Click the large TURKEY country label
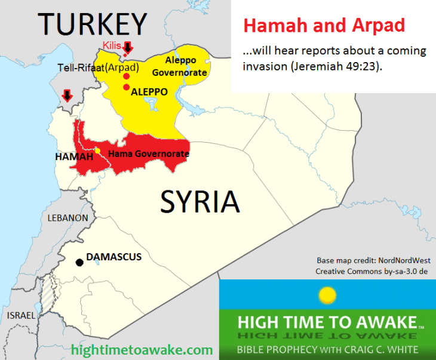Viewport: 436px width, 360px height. click(x=93, y=24)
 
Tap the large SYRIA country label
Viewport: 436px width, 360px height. click(x=199, y=202)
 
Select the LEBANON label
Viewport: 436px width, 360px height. click(x=67, y=219)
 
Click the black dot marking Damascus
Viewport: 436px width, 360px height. click(x=79, y=262)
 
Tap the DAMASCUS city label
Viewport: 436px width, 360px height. click(x=114, y=257)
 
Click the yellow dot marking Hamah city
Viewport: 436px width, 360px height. click(x=97, y=150)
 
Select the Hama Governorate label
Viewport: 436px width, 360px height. click(x=149, y=154)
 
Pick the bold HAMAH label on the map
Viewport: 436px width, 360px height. click(x=74, y=156)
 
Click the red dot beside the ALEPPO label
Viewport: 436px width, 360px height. click(x=126, y=88)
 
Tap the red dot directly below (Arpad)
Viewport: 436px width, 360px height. click(x=126, y=76)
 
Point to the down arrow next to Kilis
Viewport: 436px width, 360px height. click(x=127, y=48)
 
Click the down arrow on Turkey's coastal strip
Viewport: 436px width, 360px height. click(x=67, y=95)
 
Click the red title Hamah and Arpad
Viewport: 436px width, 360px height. click(x=324, y=25)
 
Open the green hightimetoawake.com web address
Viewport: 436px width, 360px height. click(x=142, y=349)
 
